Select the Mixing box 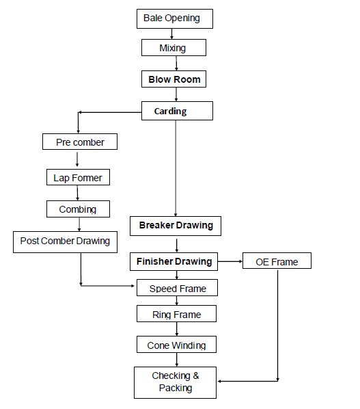(173, 48)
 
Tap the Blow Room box (174, 79)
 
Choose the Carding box (177, 111)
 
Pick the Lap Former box (77, 178)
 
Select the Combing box (78, 209)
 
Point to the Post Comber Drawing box (65, 241)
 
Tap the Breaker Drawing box (176, 226)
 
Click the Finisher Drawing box (174, 261)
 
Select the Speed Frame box (178, 289)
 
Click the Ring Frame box (177, 315)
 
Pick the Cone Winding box (176, 345)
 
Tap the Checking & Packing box (175, 382)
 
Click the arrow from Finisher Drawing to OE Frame (230, 261)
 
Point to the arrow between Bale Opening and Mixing (172, 34)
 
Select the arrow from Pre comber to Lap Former (77, 159)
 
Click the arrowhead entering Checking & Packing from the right (221, 380)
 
